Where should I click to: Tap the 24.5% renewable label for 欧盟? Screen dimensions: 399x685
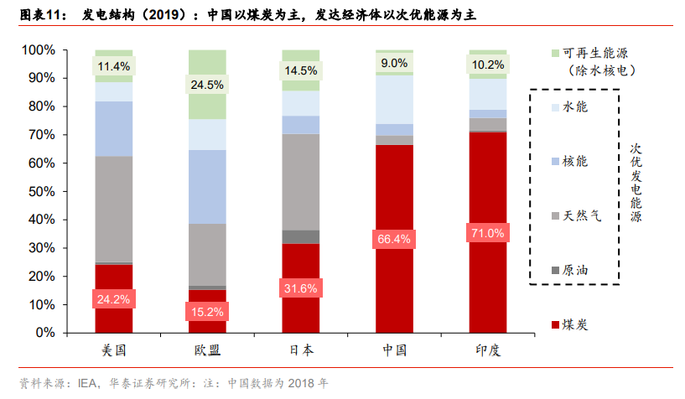pos(207,85)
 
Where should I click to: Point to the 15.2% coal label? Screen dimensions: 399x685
pos(207,312)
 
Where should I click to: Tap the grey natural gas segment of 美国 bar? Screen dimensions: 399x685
pos(114,210)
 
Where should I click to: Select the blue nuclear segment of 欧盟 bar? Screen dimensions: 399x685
pos(207,187)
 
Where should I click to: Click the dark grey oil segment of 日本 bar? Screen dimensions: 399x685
pos(300,236)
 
